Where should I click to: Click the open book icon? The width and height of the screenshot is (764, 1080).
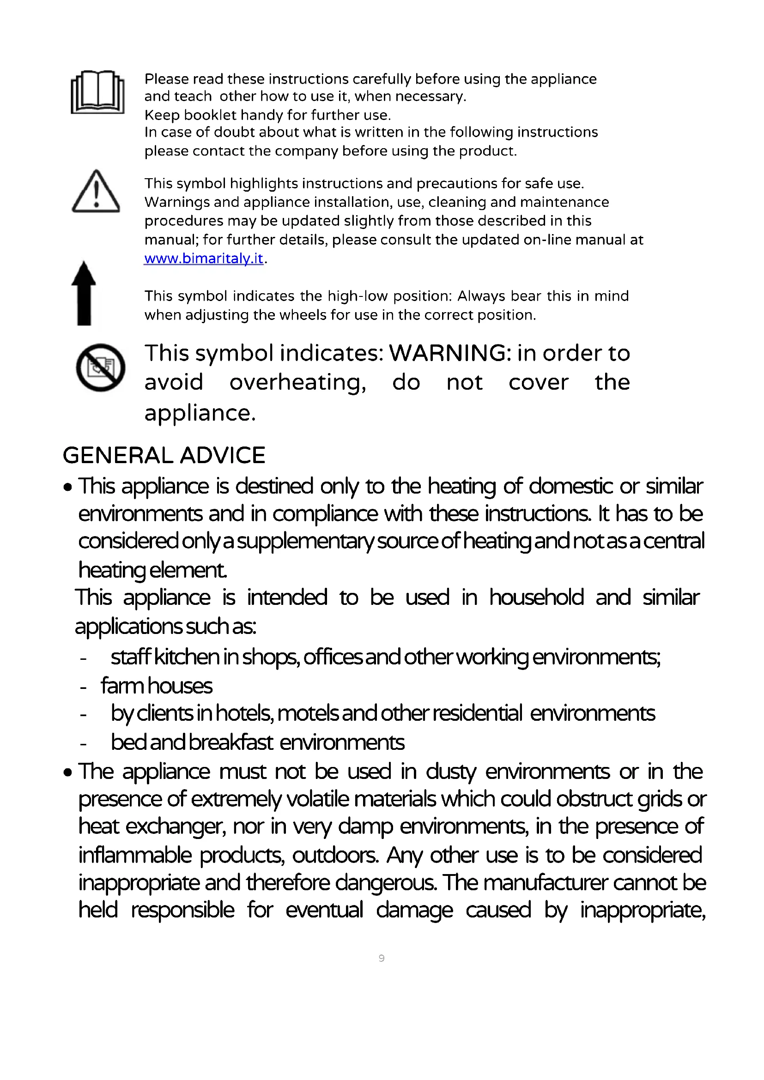coord(97,92)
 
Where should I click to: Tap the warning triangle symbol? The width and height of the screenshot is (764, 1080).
coord(96,193)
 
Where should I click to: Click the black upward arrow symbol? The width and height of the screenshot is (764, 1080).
coord(84,293)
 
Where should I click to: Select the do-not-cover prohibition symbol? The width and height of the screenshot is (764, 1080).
coord(100,368)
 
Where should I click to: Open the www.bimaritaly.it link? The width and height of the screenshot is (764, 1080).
coord(204,258)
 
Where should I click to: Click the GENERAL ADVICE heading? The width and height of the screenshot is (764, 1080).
coord(164,455)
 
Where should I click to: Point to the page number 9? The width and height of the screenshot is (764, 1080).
coord(382,958)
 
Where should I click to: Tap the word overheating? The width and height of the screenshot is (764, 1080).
coord(297,382)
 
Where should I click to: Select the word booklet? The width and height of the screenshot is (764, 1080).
coord(211,115)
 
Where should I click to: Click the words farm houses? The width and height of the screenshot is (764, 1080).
coord(157,686)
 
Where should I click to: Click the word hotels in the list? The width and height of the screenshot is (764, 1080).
coord(245,713)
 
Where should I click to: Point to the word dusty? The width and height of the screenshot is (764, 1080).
coord(451,772)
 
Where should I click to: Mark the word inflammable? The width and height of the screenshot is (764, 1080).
coord(135,855)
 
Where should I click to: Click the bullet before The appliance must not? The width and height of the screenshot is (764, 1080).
coord(69,772)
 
